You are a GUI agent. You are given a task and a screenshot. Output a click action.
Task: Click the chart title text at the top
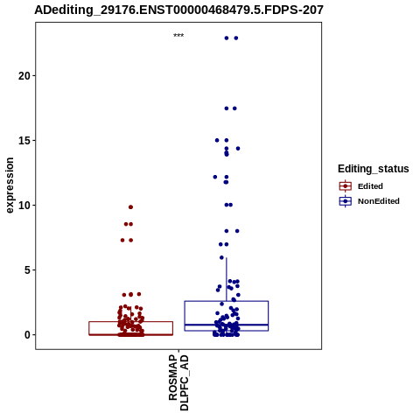pyautogui.click(x=178, y=10)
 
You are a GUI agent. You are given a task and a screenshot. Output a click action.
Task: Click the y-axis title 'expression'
pyautogui.click(x=10, y=185)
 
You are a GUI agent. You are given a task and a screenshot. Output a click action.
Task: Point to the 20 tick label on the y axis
pyautogui.click(x=24, y=76)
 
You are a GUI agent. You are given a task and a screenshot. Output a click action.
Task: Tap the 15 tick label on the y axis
pyautogui.click(x=24, y=141)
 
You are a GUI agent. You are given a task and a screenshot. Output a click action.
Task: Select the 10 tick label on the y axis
pyautogui.click(x=24, y=206)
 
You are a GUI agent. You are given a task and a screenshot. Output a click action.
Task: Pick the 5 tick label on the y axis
pyautogui.click(x=27, y=270)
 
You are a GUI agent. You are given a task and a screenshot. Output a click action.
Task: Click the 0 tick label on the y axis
pyautogui.click(x=27, y=335)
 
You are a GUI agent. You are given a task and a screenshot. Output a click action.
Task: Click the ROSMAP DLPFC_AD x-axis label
pyautogui.click(x=178, y=382)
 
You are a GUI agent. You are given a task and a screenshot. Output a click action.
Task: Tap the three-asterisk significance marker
pyautogui.click(x=178, y=36)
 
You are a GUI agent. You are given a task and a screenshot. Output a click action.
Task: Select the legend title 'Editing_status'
pyautogui.click(x=374, y=169)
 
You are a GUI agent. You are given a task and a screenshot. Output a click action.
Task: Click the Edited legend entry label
pyautogui.click(x=370, y=186)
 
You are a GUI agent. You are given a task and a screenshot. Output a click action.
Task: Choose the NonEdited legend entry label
pyautogui.click(x=379, y=201)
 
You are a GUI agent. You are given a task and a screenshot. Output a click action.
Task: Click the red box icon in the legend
pyautogui.click(x=346, y=186)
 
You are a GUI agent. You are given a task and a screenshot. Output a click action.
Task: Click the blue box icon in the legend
pyautogui.click(x=346, y=201)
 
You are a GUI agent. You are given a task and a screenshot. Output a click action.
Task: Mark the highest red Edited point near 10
pyautogui.click(x=130, y=207)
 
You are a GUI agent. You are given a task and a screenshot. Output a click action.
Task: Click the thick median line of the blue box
pyautogui.click(x=227, y=325)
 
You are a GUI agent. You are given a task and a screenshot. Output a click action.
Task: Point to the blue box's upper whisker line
pyautogui.click(x=227, y=279)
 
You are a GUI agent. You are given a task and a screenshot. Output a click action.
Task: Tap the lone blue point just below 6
pyautogui.click(x=221, y=257)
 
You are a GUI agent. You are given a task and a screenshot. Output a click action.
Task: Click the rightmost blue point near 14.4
pyautogui.click(x=238, y=149)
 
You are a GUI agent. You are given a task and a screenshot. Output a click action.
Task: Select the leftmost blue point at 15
pyautogui.click(x=217, y=140)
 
